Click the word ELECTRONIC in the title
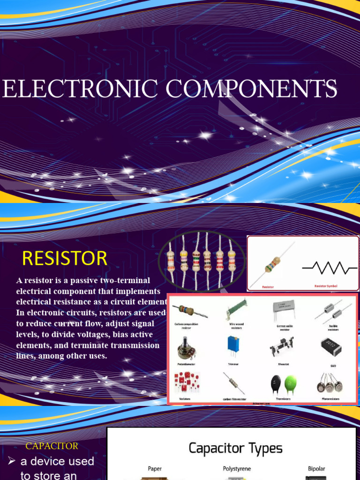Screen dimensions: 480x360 click(80, 89)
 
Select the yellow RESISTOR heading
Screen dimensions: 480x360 click(65, 258)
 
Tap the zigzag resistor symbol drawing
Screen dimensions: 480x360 click(330, 268)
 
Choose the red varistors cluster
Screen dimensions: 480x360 click(187, 382)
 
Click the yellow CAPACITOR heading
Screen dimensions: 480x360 click(52, 446)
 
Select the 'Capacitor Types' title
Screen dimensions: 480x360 click(235, 449)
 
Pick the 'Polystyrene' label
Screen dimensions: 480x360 click(236, 468)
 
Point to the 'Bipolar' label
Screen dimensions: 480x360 click(316, 468)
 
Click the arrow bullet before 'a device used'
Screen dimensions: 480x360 click(12, 461)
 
